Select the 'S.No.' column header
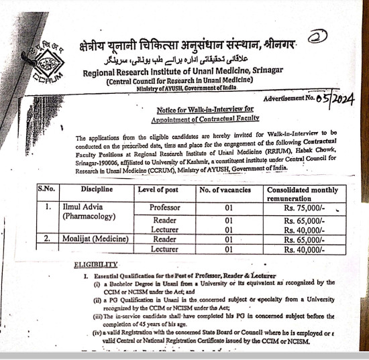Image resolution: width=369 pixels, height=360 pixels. (48, 190)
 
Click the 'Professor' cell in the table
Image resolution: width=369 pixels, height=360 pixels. (165, 208)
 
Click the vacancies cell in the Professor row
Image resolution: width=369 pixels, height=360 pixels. (228, 208)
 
